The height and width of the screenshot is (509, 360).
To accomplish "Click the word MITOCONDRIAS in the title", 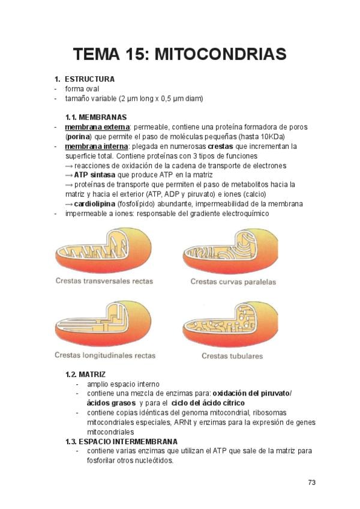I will (220, 55).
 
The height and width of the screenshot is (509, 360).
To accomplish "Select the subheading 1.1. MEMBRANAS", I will (96, 117).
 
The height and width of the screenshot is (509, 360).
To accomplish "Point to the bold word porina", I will (78, 136).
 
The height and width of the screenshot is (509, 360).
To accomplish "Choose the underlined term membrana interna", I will (96, 146).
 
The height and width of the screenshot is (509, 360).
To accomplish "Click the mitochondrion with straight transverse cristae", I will (103, 250).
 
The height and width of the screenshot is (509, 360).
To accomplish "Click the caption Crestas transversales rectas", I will (104, 281).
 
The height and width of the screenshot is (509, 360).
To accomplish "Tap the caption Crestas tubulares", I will (232, 356).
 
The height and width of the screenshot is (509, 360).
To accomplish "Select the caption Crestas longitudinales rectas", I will (105, 355).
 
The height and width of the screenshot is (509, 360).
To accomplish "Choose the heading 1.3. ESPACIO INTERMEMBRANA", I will (121, 441).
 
